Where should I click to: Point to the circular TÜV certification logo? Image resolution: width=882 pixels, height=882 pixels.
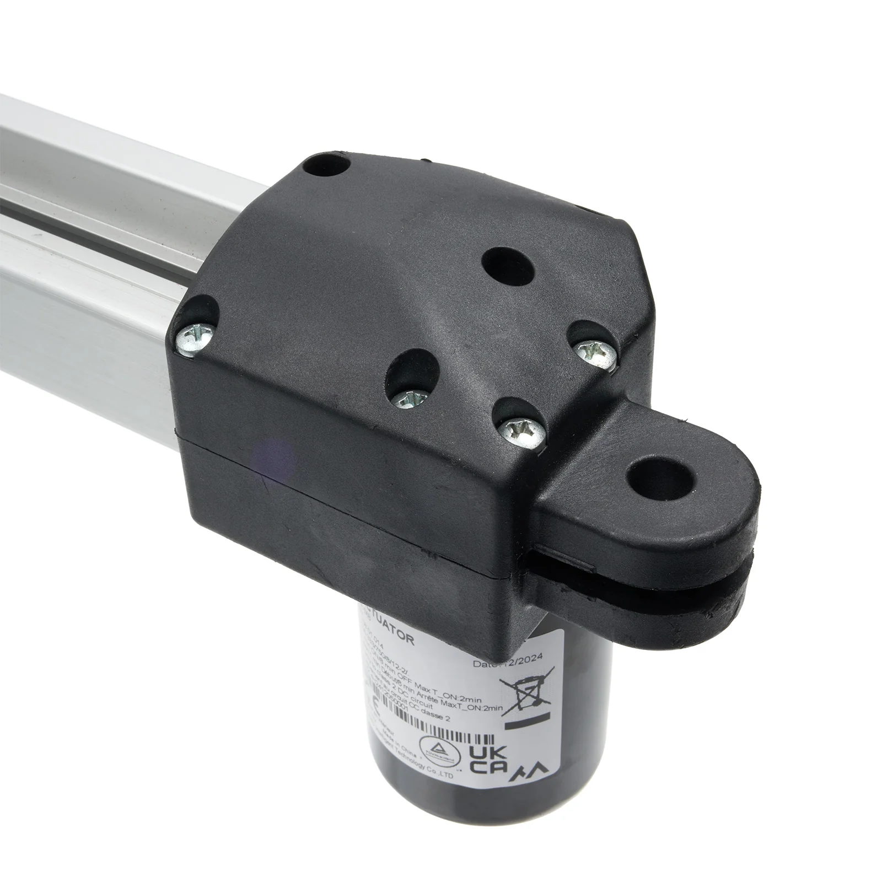pos(439,742)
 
